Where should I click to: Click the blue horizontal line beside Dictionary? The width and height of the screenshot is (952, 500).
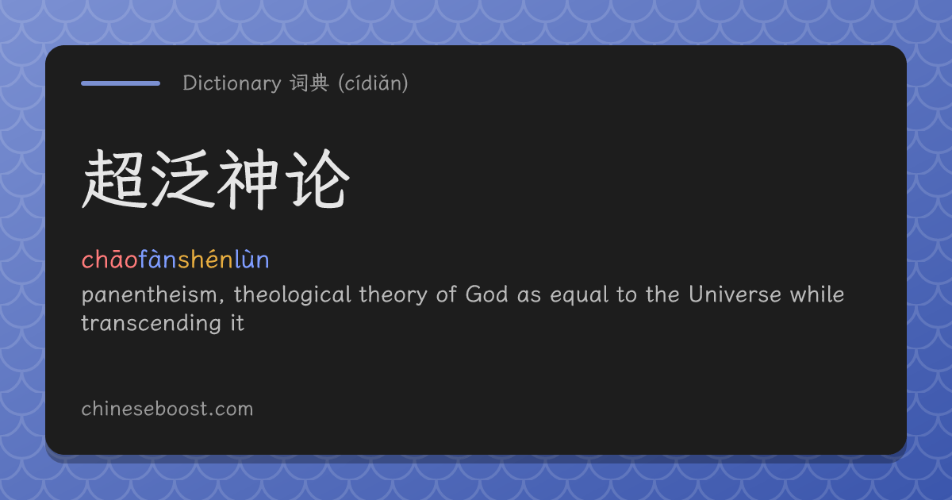[121, 83]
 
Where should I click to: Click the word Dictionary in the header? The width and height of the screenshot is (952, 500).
[232, 83]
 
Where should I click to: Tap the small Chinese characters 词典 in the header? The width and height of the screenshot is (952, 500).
[309, 83]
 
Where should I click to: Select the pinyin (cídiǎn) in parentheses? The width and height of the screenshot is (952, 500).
[373, 83]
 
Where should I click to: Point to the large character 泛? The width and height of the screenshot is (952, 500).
[182, 179]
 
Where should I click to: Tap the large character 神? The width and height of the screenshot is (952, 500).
[248, 179]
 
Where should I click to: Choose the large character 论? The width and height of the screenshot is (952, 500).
[317, 179]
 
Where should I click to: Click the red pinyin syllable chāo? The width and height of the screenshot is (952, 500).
[109, 260]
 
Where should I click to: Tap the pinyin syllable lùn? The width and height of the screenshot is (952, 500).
[252, 260]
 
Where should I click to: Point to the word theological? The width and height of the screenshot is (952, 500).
[293, 295]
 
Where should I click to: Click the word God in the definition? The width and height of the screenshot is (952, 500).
[486, 294]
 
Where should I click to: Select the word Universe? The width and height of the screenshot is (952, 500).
[735, 294]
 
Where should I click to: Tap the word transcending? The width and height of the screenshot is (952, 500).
[152, 324]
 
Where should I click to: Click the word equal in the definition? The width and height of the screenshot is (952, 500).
[579, 295]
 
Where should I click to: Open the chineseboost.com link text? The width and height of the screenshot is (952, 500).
[167, 409]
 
